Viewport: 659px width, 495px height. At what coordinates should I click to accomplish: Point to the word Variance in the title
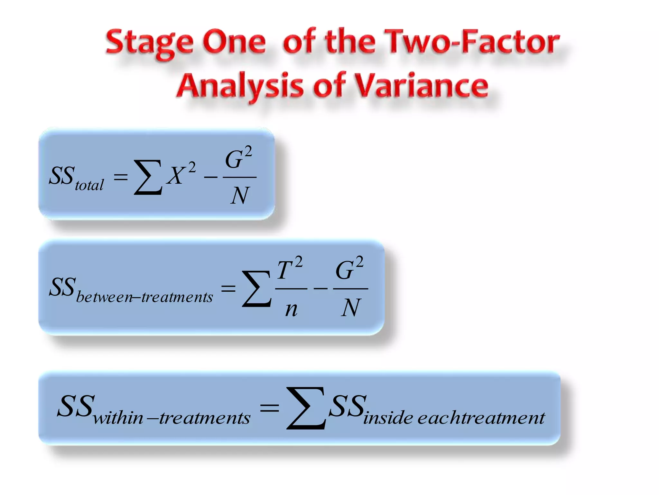pos(422,86)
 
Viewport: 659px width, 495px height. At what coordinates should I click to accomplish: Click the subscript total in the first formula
pos(89,185)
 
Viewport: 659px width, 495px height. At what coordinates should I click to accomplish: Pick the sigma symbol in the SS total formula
pos(148,177)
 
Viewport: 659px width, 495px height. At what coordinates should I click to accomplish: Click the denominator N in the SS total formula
pos(240,196)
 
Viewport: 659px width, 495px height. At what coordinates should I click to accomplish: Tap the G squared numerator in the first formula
pos(238,158)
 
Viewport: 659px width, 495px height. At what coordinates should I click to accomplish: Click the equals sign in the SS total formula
pos(121,177)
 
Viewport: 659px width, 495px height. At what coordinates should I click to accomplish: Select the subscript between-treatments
pos(144,297)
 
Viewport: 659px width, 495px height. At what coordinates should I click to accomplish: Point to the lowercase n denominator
pos(291,309)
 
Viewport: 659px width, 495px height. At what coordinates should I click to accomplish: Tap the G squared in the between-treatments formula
pos(349,268)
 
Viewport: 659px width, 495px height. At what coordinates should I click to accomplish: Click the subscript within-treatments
pos(172,418)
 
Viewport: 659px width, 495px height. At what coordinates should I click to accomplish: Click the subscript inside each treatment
pos(454,418)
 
